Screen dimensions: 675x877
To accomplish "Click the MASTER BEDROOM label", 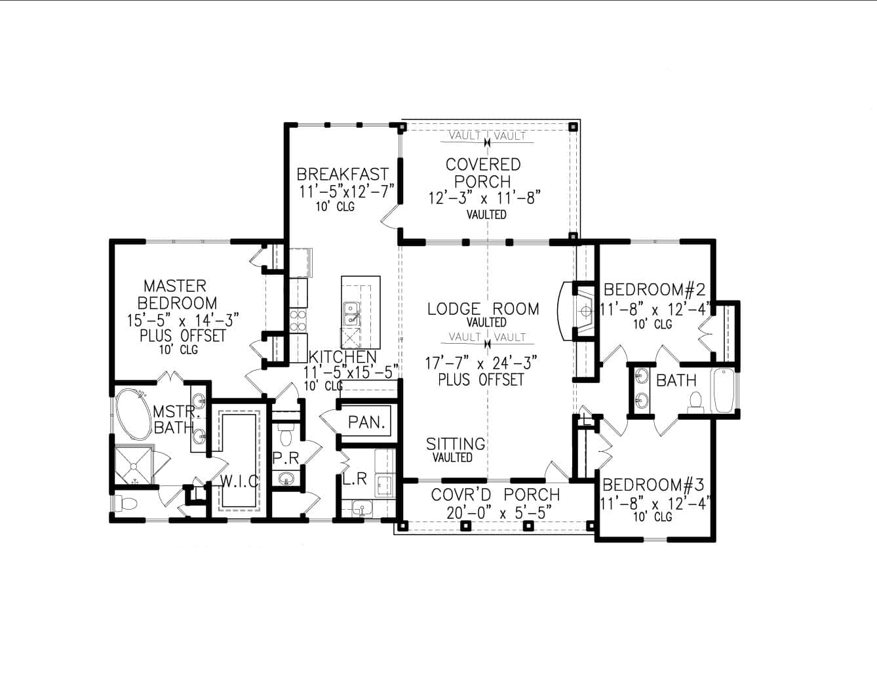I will [x=175, y=295].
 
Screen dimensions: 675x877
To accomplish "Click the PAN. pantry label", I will [x=366, y=422].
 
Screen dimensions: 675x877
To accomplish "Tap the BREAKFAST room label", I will [x=343, y=174].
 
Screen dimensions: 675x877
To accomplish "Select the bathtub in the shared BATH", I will [x=724, y=391].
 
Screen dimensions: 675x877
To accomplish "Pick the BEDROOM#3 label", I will [x=653, y=485].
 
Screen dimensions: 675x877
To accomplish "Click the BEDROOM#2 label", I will [x=654, y=289].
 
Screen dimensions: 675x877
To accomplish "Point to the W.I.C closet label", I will [x=239, y=481].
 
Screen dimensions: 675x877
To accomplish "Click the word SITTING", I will [x=456, y=444].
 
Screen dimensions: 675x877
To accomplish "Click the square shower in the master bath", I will [x=134, y=466].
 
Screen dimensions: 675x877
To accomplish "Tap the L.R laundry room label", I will [x=355, y=480].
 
